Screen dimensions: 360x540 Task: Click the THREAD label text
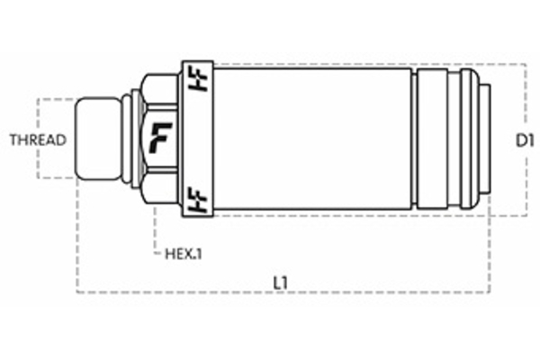(36, 139)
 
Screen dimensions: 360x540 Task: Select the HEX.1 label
(184, 253)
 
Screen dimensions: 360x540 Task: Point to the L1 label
(281, 283)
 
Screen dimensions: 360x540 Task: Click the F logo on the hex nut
(162, 139)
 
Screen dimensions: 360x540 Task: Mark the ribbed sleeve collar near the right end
(441, 139)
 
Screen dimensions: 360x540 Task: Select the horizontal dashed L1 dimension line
(360, 293)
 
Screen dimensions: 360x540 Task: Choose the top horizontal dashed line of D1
(360, 65)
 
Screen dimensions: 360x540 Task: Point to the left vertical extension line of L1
(77, 243)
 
